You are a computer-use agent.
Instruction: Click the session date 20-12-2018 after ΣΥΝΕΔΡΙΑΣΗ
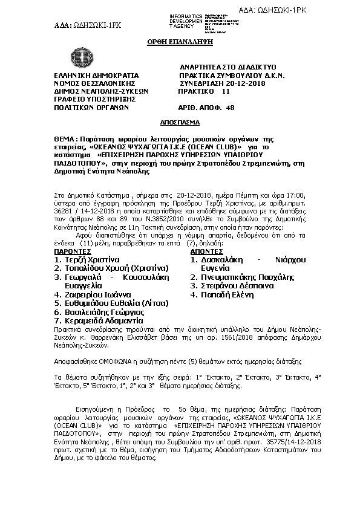(244, 83)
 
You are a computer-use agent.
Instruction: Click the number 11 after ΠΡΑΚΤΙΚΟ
(226, 91)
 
